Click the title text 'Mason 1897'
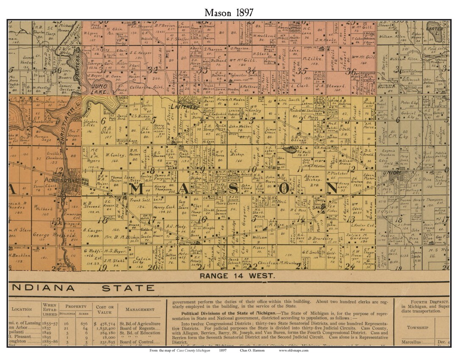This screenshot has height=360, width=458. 229,13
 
